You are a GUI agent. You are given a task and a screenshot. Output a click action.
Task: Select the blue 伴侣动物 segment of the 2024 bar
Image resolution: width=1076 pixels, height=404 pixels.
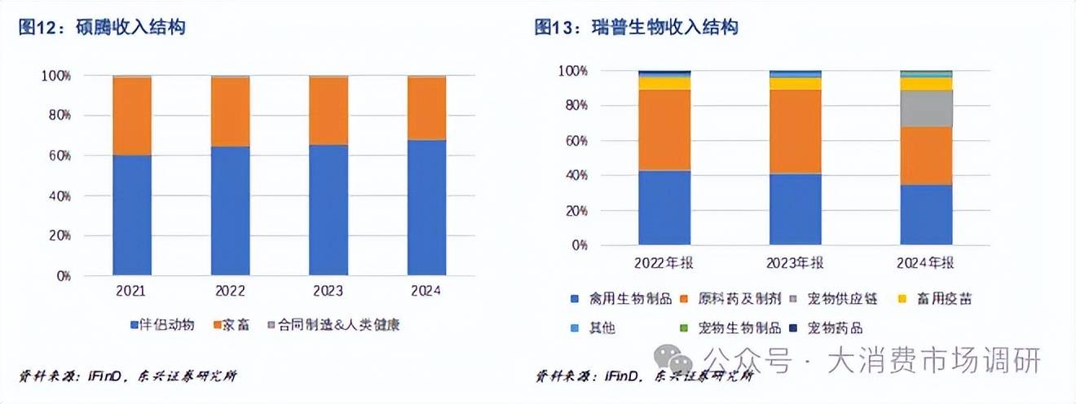pyautogui.click(x=426, y=207)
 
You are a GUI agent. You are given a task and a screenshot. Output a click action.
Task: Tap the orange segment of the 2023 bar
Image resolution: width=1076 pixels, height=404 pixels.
pyautogui.click(x=329, y=111)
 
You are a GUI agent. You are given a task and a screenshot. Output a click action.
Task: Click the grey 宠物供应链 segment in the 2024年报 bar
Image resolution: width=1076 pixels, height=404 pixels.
pyautogui.click(x=926, y=108)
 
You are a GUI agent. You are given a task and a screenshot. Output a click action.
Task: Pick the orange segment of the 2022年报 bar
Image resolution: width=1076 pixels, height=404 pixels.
pyautogui.click(x=664, y=130)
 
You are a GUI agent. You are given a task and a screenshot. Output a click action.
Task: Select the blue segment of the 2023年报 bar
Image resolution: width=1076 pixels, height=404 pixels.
pyautogui.click(x=796, y=209)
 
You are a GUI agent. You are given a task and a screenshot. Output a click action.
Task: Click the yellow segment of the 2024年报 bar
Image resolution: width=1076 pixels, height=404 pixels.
pyautogui.click(x=926, y=83)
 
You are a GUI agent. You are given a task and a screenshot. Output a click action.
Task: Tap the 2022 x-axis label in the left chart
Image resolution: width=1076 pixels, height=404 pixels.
pyautogui.click(x=231, y=291)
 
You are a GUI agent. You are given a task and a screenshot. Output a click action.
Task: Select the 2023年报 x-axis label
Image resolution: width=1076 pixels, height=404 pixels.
pyautogui.click(x=796, y=264)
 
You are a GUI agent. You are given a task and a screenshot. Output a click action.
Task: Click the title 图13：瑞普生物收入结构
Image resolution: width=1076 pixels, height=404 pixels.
pyautogui.click(x=636, y=28)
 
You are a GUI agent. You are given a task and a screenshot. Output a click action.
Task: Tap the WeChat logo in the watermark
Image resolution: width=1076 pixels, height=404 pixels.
pyautogui.click(x=677, y=359)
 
